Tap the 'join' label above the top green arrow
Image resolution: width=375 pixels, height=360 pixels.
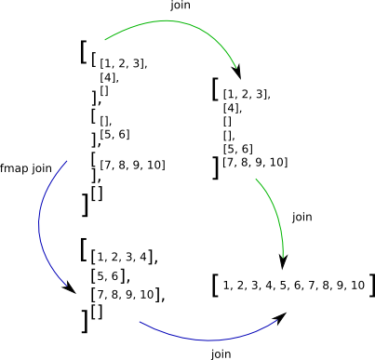(182, 7)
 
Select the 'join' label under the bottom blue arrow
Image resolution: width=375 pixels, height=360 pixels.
(221, 353)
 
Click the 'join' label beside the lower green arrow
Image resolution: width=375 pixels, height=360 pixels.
(302, 217)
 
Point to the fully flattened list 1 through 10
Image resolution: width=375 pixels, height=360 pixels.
(293, 285)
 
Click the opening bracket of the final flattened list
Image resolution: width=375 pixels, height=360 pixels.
(215, 285)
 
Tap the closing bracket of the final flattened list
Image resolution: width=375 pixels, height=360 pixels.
(370, 285)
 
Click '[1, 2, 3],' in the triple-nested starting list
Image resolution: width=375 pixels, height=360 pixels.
(124, 64)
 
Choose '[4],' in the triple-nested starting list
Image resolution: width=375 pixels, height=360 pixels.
(109, 77)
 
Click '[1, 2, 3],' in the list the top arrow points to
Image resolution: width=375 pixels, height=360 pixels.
(247, 94)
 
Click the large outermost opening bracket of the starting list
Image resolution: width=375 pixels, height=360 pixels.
(84, 51)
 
